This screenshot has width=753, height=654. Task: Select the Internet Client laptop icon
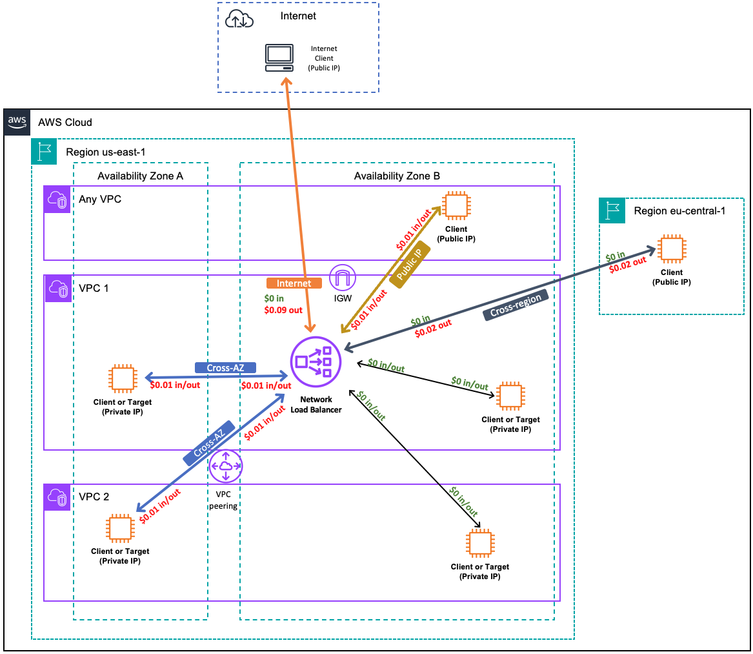coord(279,58)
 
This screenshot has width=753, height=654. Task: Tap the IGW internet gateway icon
coord(343,279)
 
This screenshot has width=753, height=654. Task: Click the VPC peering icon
coord(225,466)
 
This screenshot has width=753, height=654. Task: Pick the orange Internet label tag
coord(294,283)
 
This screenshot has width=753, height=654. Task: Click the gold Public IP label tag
coord(410,264)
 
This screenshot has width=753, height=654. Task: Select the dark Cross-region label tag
coord(516,303)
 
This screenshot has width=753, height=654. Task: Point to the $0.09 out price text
coord(283,310)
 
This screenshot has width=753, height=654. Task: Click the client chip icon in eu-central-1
coord(671,251)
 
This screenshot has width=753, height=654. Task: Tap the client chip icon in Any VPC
coord(456,205)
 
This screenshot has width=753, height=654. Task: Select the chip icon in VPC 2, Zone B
coord(479,544)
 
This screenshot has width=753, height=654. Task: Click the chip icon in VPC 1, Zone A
coord(123,379)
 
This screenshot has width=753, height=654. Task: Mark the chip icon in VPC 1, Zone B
coord(510,396)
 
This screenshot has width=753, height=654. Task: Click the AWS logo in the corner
coord(17,121)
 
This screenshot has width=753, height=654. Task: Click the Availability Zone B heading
coord(397,176)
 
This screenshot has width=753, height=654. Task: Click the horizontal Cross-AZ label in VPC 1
coord(225,367)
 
